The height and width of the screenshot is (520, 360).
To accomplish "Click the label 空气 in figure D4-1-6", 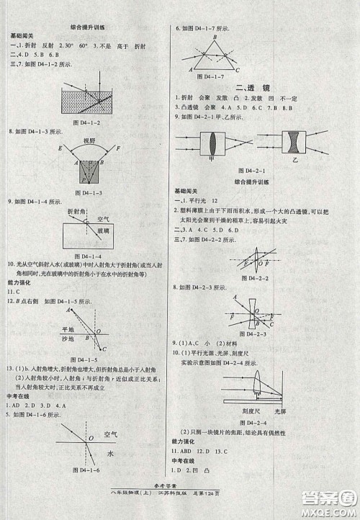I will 110,434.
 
